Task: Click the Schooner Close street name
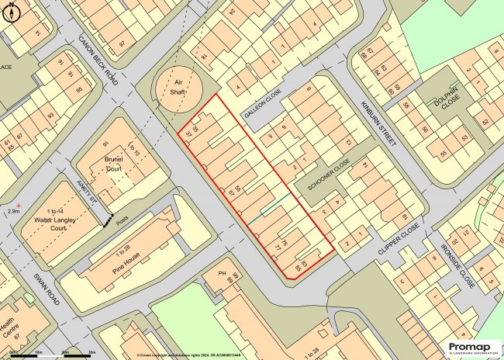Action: pos(329,176)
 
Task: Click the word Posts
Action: pos(125,218)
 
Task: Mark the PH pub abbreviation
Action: pos(221,274)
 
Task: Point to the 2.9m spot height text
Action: pos(12,210)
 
